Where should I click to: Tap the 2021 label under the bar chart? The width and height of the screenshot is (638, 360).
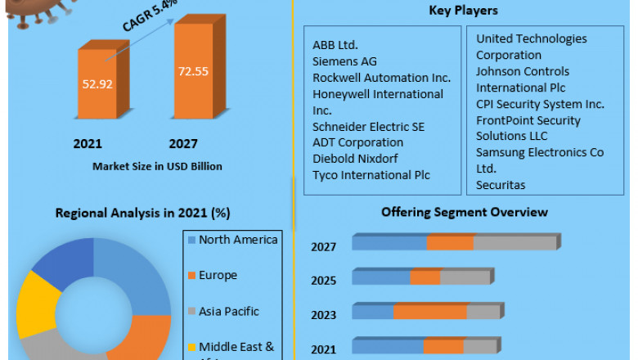point(88,144)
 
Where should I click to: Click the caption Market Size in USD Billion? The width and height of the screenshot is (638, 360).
point(157,166)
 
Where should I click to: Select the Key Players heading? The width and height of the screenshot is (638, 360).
point(463,11)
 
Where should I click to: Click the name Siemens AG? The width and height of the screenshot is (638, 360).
point(344,61)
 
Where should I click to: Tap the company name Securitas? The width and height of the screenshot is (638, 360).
point(501,185)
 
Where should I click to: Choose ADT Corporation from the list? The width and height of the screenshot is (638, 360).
point(357,142)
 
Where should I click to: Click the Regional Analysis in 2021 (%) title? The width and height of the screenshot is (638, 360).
point(142,213)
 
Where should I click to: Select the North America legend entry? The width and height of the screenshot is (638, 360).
point(238,240)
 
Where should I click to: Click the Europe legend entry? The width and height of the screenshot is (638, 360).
point(218,276)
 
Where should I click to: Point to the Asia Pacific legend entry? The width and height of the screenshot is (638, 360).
point(228,312)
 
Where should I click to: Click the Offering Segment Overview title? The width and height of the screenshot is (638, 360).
point(465,212)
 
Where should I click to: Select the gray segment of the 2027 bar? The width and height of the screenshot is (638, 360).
point(514,242)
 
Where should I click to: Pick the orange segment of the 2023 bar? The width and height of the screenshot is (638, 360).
point(430,312)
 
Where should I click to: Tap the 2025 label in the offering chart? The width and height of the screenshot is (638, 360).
point(323,281)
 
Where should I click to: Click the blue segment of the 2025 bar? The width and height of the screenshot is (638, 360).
point(381,277)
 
